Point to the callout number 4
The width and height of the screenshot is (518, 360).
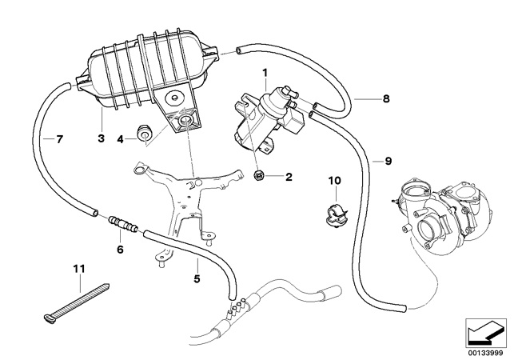click(121, 139)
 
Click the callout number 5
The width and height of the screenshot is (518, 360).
click(196, 279)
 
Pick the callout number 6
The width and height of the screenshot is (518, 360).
click(121, 249)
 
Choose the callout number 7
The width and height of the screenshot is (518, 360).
click(59, 139)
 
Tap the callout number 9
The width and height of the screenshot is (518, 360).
click(388, 160)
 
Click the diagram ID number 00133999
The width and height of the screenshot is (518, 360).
click(486, 350)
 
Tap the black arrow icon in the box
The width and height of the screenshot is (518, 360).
click(486, 331)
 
